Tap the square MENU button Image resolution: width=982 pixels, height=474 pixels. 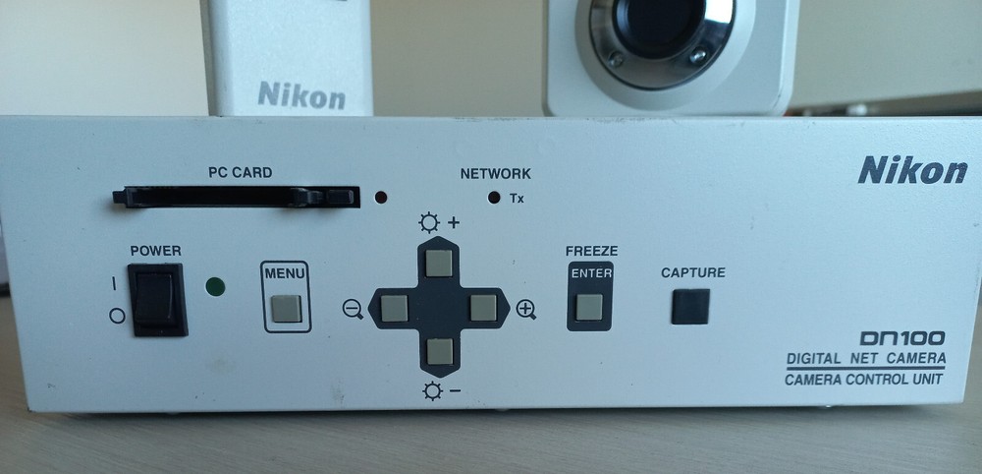point(286,309)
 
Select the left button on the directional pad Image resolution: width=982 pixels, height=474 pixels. point(394,309)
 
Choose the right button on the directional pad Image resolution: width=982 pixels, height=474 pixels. point(483,309)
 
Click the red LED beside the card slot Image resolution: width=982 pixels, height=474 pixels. point(380,196)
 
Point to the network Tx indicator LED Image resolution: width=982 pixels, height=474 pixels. point(494,197)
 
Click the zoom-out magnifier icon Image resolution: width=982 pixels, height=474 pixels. point(353,311)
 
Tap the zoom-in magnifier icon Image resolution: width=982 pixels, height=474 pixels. point(526,311)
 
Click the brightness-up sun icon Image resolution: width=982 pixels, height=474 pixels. point(429,222)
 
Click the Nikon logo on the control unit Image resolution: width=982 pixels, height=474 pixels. point(912,171)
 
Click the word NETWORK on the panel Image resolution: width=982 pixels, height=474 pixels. point(495,174)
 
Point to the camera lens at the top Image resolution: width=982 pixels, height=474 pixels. point(656,25)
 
